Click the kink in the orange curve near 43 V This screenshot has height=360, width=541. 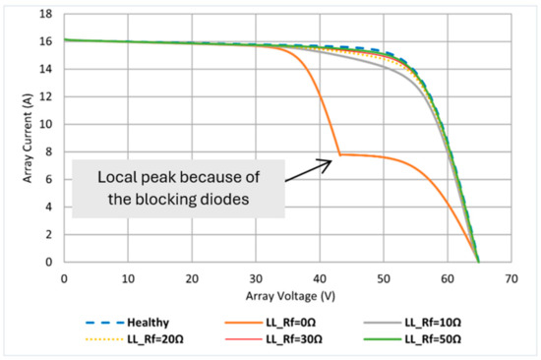click(339, 154)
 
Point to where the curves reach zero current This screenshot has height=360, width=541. click(478, 262)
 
